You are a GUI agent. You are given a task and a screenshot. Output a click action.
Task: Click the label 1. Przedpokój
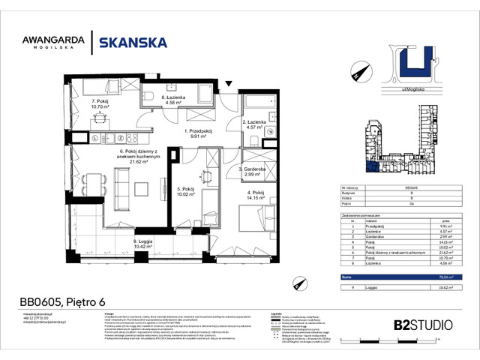tap(199, 131)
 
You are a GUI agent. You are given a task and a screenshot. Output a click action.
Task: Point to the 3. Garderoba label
tap(253, 169)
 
